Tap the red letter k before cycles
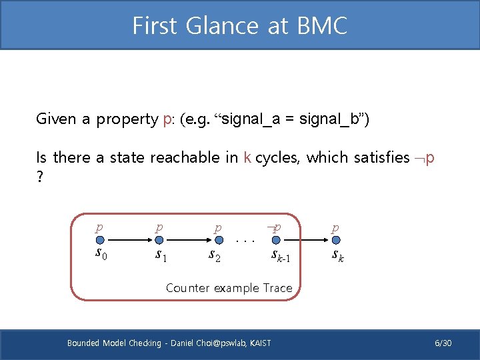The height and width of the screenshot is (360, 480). point(247,157)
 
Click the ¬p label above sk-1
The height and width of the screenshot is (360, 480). point(273,227)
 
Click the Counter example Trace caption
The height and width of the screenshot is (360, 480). point(229,288)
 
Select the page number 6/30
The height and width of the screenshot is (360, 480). point(443,343)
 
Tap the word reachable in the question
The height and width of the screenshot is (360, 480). point(185,157)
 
